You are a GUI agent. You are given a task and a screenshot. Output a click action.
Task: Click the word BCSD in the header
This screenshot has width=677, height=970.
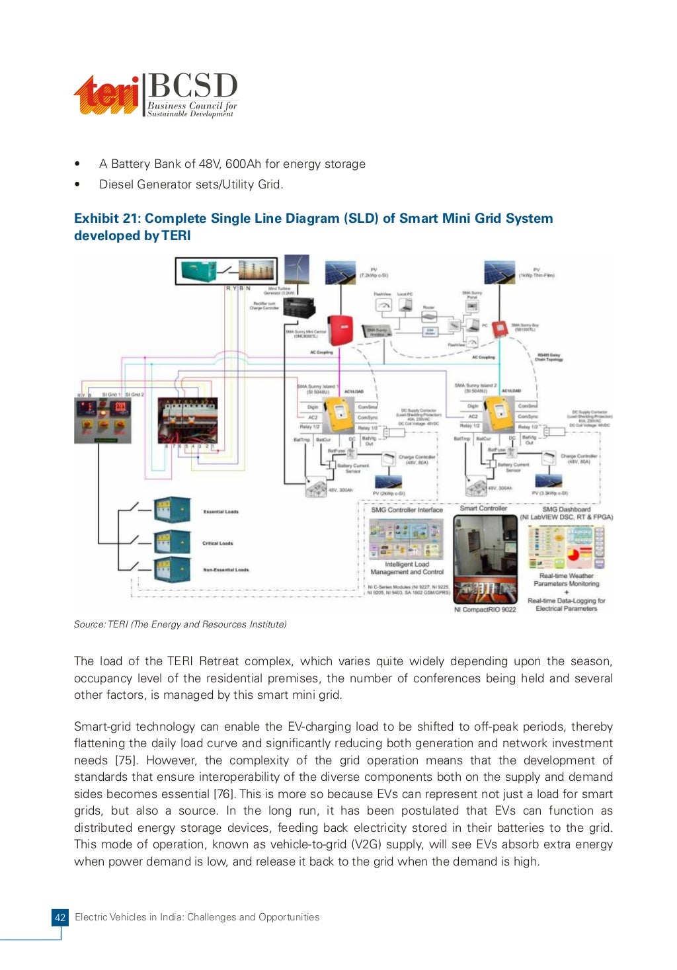point(192,87)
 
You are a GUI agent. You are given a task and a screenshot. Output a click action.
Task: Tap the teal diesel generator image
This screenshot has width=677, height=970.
point(199,270)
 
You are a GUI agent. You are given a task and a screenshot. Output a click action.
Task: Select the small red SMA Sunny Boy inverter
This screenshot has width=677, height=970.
point(499,328)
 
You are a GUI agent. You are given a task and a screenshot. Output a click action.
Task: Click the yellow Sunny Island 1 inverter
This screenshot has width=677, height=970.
point(340,414)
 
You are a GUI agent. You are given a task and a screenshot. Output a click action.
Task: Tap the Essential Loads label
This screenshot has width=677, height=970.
point(221,512)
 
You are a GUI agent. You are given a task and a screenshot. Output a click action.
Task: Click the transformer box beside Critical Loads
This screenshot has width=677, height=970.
point(172,543)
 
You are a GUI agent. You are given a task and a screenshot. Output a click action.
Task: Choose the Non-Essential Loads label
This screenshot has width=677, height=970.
point(225,570)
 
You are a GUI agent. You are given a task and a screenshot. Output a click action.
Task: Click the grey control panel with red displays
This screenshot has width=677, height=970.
point(102,421)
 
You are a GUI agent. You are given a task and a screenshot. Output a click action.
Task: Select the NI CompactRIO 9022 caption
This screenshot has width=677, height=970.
point(485,610)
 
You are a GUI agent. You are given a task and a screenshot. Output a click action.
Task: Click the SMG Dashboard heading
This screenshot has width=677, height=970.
point(566,509)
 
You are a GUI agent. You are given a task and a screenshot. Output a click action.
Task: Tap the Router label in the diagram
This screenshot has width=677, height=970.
point(428,308)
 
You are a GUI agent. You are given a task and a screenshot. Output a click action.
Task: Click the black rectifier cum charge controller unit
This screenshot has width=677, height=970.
point(299,306)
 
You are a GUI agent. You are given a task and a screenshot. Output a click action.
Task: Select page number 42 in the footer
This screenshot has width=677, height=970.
point(60,918)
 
